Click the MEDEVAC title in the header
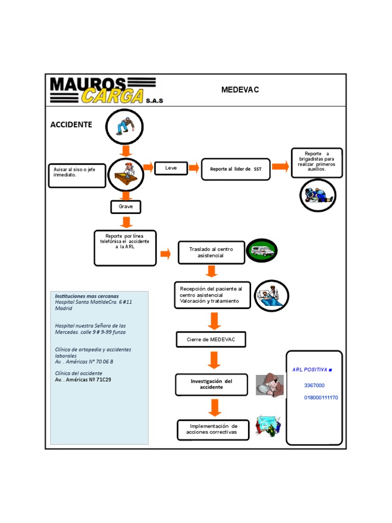point(240,90)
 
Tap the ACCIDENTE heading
point(71,125)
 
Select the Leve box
point(171,168)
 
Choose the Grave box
point(126,206)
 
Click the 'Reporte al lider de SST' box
point(235,169)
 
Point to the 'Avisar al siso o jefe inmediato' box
point(77,175)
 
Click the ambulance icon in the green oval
point(261,250)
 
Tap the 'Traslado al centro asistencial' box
point(211,252)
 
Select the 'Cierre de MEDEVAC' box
point(211,340)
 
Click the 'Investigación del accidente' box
point(211,385)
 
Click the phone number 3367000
point(314,386)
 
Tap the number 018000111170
point(321,398)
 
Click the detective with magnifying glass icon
point(269,385)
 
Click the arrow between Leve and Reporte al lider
point(194,168)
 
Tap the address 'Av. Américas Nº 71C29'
point(83,380)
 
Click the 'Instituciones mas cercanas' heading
point(87,296)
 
